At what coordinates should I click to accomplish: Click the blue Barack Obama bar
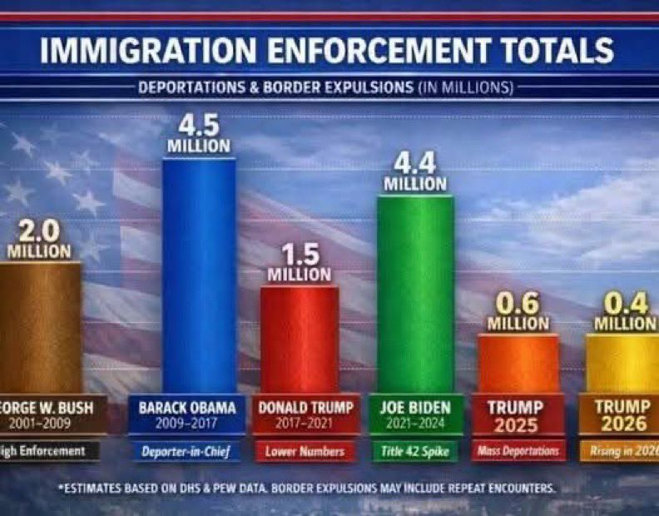click(x=198, y=275)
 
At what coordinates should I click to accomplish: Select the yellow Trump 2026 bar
click(x=624, y=363)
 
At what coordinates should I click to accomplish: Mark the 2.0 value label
click(x=39, y=230)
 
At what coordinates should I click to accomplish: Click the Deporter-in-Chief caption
click(x=188, y=452)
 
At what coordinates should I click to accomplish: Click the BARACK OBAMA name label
click(x=187, y=408)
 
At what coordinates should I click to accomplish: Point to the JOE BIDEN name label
click(x=415, y=408)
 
